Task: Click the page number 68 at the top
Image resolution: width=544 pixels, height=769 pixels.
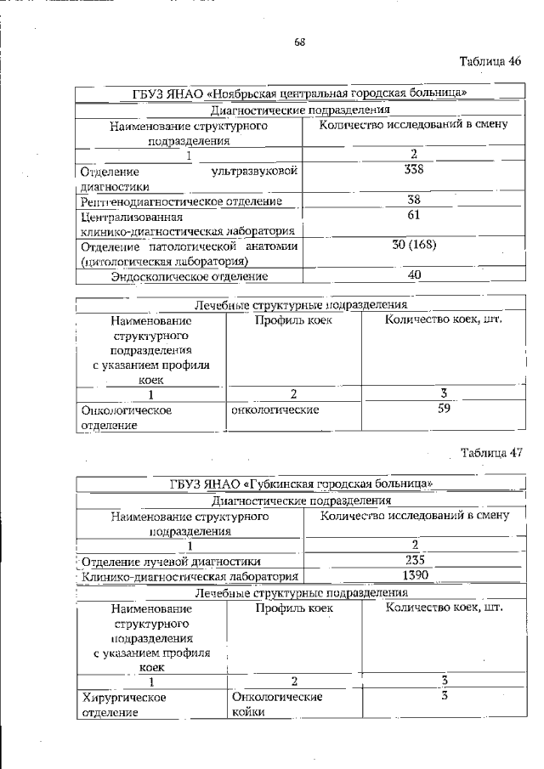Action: [299, 42]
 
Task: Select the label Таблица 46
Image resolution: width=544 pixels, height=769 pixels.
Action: [490, 61]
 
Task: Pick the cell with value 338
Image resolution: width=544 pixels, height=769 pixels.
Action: [414, 170]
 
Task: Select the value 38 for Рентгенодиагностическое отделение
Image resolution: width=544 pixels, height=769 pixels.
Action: [414, 201]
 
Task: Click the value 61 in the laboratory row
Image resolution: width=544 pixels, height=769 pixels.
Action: [414, 216]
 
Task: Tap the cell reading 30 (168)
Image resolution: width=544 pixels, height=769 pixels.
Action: [414, 246]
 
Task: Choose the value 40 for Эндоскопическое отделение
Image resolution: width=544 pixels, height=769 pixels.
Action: [414, 275]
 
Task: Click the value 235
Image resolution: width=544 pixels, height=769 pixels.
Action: [414, 560]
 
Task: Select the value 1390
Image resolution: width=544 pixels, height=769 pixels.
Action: [414, 575]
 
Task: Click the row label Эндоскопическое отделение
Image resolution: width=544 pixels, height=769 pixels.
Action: [190, 276]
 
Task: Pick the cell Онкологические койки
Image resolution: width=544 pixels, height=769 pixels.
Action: [276, 704]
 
